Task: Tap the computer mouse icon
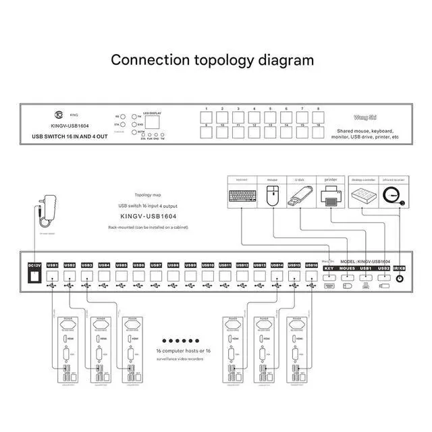(272, 198)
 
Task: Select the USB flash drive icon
(301, 197)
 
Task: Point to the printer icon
(331, 198)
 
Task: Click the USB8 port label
(173, 265)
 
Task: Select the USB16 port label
(311, 265)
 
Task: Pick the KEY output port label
(329, 269)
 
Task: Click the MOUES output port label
(348, 269)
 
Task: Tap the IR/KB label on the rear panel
(400, 269)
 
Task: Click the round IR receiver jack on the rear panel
(400, 278)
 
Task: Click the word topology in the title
(223, 60)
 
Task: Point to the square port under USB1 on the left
(53, 276)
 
